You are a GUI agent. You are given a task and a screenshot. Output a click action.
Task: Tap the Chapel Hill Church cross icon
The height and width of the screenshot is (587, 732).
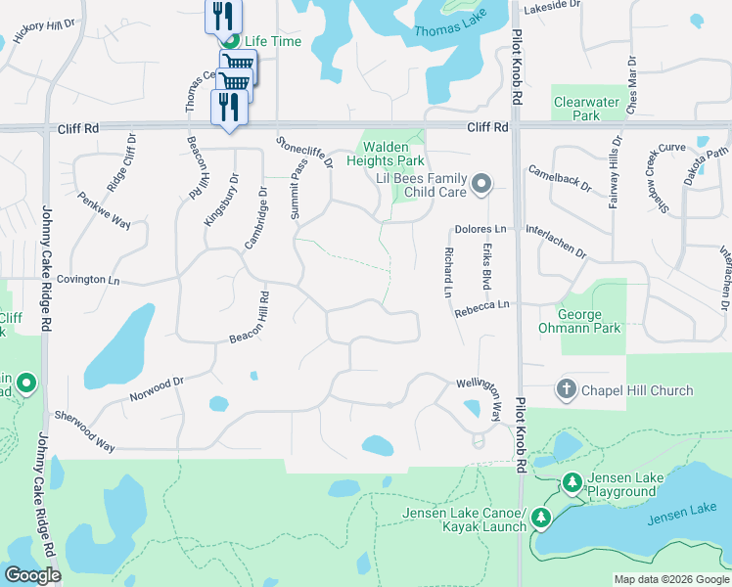(566, 390)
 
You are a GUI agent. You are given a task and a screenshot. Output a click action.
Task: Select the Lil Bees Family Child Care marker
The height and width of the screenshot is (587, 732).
(480, 184)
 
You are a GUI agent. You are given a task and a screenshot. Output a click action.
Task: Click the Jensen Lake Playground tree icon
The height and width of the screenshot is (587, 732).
(572, 482)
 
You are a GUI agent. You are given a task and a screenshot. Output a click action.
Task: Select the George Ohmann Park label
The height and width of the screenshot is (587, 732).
(589, 321)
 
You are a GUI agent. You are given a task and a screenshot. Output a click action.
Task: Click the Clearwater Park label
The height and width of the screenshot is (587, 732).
(576, 109)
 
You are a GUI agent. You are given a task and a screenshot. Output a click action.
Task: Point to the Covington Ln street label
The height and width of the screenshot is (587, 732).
(87, 280)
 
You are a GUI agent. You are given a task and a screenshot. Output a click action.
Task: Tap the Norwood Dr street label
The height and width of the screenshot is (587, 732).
(157, 389)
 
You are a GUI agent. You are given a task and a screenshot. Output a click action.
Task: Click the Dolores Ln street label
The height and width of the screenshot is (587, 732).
(480, 229)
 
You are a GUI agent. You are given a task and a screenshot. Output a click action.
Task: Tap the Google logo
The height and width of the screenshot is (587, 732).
(33, 575)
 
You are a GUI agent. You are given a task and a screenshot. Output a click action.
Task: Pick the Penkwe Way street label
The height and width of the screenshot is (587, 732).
(105, 208)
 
